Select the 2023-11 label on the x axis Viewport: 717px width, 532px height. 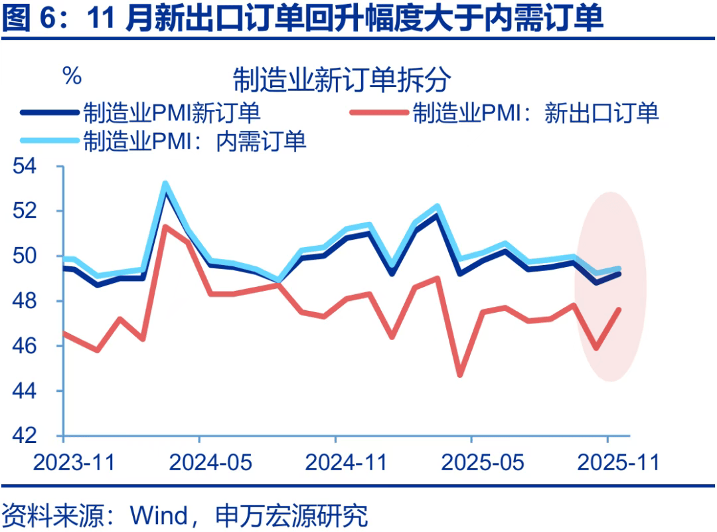[x=74, y=462]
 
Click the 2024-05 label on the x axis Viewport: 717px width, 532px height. [x=210, y=462]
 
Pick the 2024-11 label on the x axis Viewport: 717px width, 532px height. [x=346, y=462]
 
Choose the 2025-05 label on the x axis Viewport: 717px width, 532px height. [x=483, y=462]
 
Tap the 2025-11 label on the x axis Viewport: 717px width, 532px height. [x=619, y=462]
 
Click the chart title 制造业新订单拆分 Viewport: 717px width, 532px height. [x=342, y=80]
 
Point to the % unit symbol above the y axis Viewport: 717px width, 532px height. [x=72, y=76]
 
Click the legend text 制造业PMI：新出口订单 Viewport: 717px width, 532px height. [x=535, y=112]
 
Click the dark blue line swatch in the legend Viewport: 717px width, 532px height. [x=49, y=112]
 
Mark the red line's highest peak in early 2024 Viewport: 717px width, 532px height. [x=165, y=226]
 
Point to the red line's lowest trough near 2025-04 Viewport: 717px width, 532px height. [x=459, y=375]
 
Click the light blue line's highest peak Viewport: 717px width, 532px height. [x=165, y=183]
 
